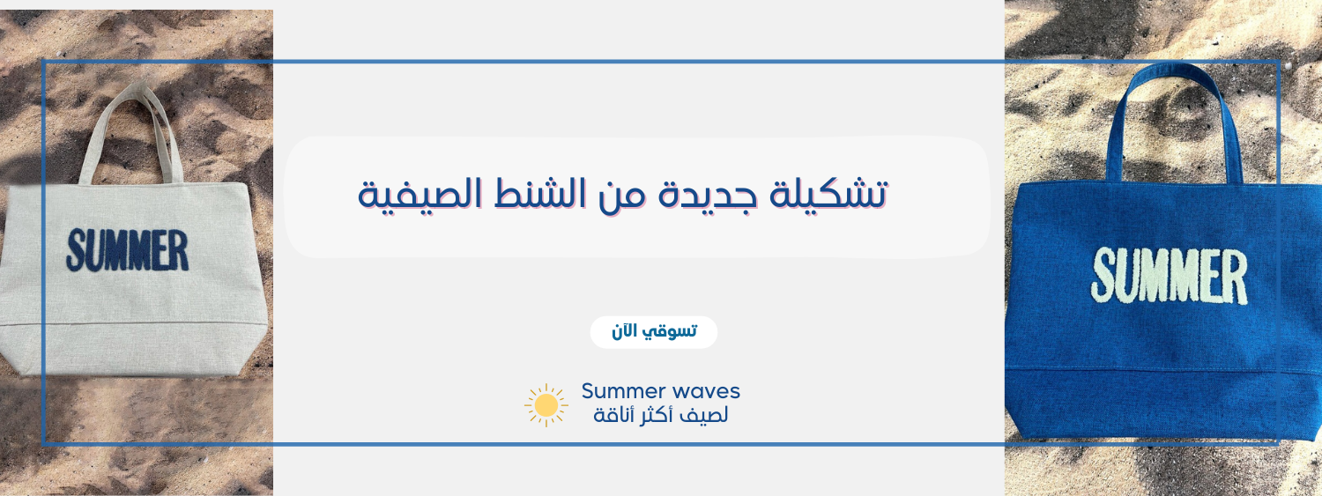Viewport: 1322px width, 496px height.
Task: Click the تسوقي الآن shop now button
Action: click(x=653, y=332)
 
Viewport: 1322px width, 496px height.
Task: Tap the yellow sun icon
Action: click(x=546, y=405)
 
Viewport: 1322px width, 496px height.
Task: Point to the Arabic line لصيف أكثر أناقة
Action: click(x=660, y=415)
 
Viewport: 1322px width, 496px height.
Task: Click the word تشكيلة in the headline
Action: click(x=828, y=194)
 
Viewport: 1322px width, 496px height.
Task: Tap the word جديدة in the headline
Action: click(x=708, y=195)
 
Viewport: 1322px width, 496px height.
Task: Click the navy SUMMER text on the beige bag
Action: click(x=128, y=250)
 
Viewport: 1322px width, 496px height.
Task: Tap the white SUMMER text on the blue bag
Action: click(x=1169, y=276)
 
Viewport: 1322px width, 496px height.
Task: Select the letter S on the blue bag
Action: click(x=1103, y=274)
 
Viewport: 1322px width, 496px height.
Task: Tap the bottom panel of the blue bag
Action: click(x=1162, y=404)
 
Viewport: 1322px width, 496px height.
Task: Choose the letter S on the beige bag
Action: click(x=75, y=250)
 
